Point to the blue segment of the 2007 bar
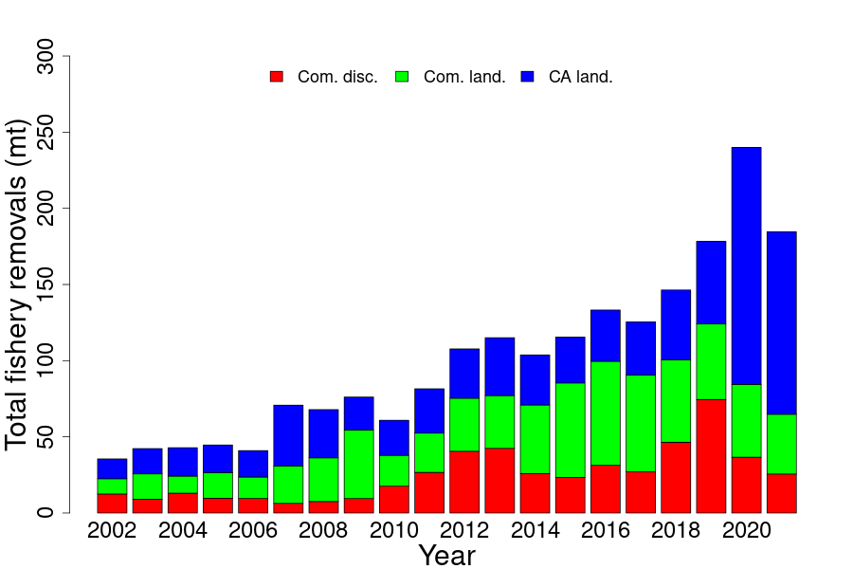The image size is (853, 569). pos(288,435)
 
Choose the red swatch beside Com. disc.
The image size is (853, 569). pos(277,77)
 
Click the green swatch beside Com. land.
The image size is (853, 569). pos(402,77)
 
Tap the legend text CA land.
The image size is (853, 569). pos(581,77)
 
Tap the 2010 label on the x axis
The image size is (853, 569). pos(393,530)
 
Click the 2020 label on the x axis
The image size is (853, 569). pos(746,530)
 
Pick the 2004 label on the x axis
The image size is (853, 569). pos(182,530)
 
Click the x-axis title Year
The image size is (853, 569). pos(446,556)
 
